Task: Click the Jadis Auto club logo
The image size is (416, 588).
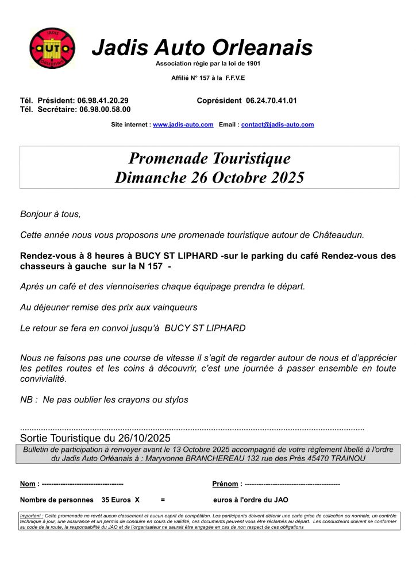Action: (x=52, y=49)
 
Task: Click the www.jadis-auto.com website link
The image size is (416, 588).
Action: (x=183, y=125)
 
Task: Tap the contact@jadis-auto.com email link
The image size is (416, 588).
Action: (x=278, y=125)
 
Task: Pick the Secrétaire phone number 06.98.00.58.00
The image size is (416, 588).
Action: (x=105, y=109)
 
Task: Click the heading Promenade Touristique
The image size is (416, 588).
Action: (x=209, y=158)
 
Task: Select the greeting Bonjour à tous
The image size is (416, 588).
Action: (x=51, y=214)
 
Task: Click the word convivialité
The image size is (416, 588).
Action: (x=43, y=379)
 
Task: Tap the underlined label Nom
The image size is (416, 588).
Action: (x=28, y=484)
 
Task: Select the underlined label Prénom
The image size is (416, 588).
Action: (x=225, y=484)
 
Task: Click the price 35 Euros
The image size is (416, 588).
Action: (x=116, y=500)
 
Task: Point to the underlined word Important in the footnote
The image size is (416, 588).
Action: (x=31, y=516)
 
